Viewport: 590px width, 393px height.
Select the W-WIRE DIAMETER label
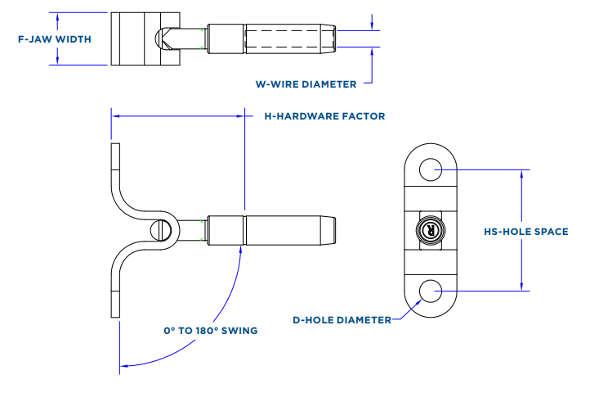pyautogui.click(x=306, y=84)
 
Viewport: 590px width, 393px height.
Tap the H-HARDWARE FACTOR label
pyautogui.click(x=324, y=116)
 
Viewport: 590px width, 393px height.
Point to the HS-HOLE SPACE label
pyautogui.click(x=525, y=232)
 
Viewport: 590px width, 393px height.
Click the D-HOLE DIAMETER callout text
pyautogui.click(x=342, y=320)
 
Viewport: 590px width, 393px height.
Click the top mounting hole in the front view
pyautogui.click(x=431, y=169)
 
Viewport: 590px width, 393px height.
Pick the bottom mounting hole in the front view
pyautogui.click(x=431, y=291)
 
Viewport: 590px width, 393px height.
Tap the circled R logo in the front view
pyautogui.click(x=431, y=231)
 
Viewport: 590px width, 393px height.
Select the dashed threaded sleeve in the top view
pyautogui.click(x=288, y=38)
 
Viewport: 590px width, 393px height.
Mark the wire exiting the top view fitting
pyautogui.click(x=360, y=38)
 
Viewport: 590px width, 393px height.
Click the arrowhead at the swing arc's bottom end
pyautogui.click(x=124, y=365)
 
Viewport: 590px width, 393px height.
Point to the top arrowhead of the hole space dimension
pyautogui.click(x=521, y=174)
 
